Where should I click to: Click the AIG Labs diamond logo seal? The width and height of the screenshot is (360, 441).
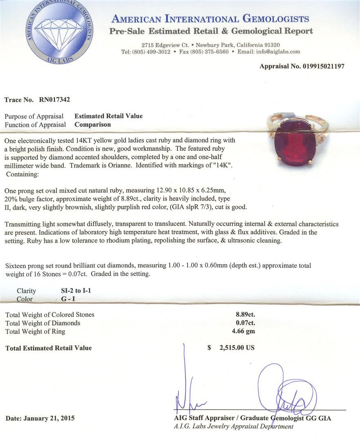59,31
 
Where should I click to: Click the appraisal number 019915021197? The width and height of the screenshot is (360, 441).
318,66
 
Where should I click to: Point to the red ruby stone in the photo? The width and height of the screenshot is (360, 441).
295,145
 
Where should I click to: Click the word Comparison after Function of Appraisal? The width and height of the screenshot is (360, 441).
92,125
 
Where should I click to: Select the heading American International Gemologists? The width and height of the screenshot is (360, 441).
210,19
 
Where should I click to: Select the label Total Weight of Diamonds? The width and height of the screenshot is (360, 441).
42,323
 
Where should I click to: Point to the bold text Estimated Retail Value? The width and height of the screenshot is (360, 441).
108,116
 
